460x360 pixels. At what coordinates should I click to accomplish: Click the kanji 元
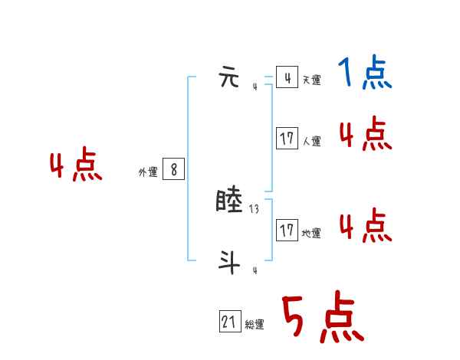230,78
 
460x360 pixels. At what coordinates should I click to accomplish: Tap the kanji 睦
231,201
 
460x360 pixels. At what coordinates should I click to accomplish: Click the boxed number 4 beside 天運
287,77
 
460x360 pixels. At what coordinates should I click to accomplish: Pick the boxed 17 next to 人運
287,139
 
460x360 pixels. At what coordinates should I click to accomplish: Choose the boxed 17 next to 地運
287,230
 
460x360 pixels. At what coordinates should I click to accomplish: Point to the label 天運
311,80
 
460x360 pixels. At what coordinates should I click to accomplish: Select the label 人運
311,141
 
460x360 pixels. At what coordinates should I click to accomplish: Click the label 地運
311,233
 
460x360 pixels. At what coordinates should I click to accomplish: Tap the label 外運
148,172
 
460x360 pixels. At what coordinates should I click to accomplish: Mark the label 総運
255,325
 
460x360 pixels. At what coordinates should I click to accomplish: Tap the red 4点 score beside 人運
365,135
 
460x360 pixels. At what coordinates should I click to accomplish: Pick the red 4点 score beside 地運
365,225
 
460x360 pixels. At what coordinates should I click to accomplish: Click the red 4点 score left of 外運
76,167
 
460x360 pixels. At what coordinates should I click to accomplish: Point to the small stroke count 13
254,208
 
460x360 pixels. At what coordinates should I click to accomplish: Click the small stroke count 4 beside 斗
255,270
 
